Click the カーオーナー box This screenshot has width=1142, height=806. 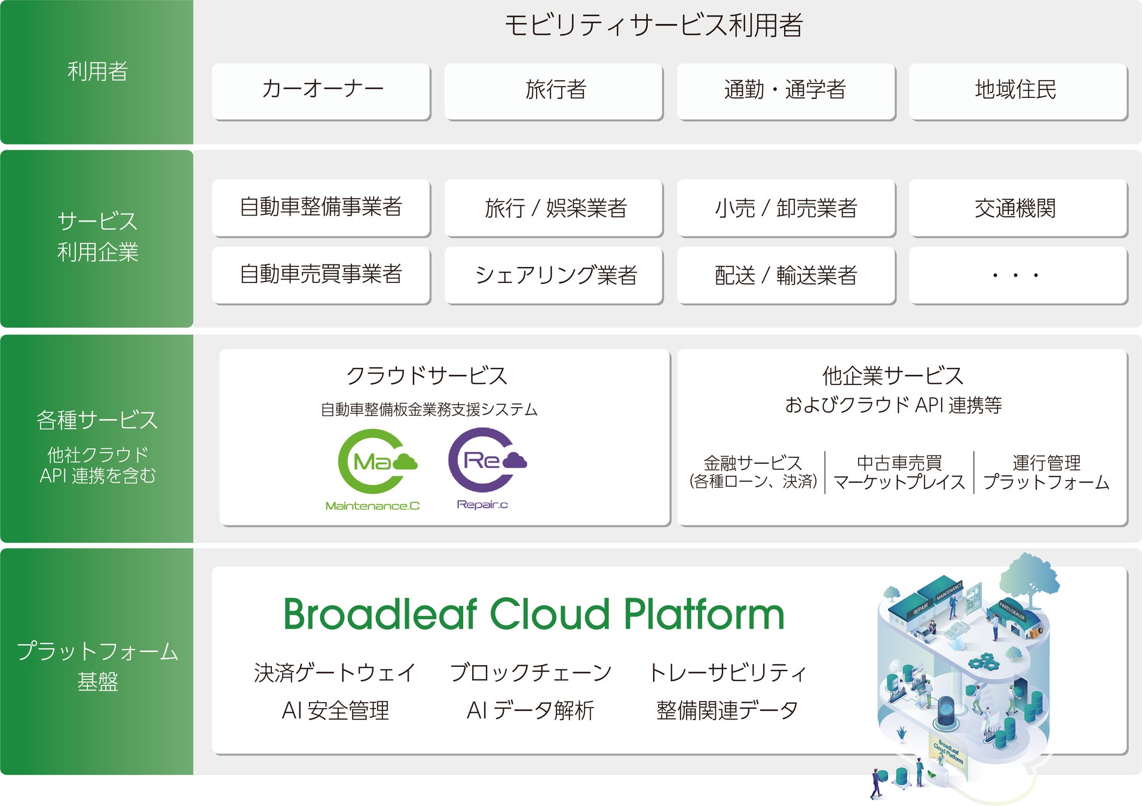pos(321,91)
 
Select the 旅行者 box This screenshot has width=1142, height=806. pos(553,91)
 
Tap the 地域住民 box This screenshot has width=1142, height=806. pos(1018,91)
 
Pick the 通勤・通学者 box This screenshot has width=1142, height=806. pos(786,91)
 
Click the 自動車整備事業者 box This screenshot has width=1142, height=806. pos(321,208)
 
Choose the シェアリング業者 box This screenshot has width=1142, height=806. pos(553,275)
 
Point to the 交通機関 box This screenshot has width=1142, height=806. pos(1018,208)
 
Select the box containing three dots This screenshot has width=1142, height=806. pos(1018,275)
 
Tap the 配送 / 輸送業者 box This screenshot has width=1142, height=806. pos(786,275)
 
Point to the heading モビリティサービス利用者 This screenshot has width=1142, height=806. pos(653,26)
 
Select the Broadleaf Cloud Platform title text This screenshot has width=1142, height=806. pos(534,614)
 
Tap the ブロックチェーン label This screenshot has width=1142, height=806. pos(531,672)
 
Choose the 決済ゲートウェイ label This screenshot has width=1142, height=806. pos(335,672)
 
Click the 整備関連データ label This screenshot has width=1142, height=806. pos(727,710)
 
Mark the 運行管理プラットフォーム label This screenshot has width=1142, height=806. pos(1046,472)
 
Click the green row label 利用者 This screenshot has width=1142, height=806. pos(97,72)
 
